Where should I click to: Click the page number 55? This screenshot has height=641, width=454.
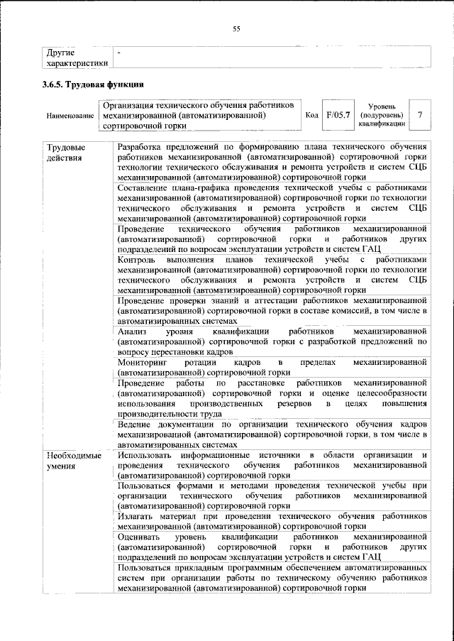click(237, 28)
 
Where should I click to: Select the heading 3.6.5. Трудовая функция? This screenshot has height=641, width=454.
click(89, 84)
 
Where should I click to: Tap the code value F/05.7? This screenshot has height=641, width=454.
click(338, 115)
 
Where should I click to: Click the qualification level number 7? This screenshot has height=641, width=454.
click(421, 115)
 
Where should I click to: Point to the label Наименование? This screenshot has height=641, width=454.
click(70, 116)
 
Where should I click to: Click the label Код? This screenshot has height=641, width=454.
click(311, 116)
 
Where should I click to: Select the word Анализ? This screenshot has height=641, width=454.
click(133, 332)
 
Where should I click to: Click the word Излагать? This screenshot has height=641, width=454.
click(138, 517)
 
